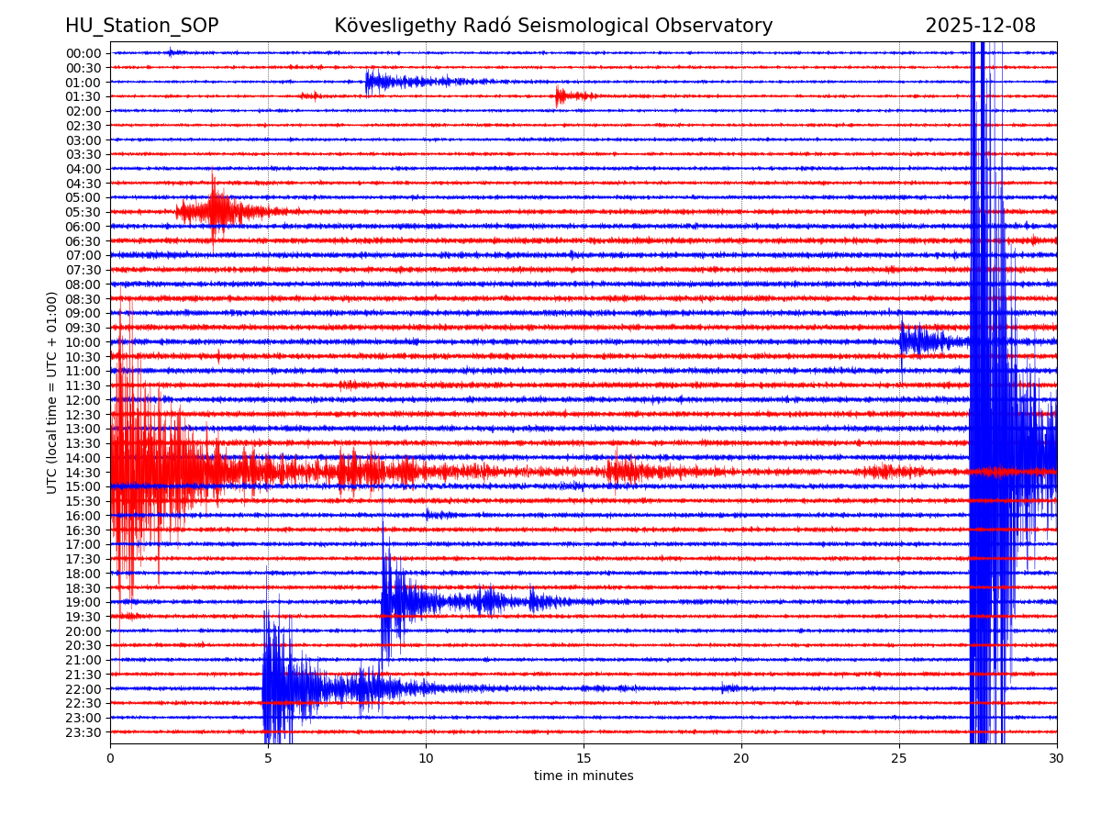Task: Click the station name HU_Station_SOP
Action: pyautogui.click(x=141, y=26)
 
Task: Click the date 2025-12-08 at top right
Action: pyautogui.click(x=980, y=26)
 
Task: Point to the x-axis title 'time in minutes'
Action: pyautogui.click(x=584, y=776)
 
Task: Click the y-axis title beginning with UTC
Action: pyautogui.click(x=52, y=392)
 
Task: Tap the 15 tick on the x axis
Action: pyautogui.click(x=584, y=759)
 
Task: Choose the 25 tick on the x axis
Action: pyautogui.click(x=899, y=759)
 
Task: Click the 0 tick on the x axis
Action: pyautogui.click(x=110, y=759)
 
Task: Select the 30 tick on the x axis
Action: pyautogui.click(x=1057, y=759)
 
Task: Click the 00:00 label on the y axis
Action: pyautogui.click(x=83, y=53)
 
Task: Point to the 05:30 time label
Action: pyautogui.click(x=83, y=212)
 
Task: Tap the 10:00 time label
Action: pyautogui.click(x=83, y=342)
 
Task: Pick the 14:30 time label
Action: pyautogui.click(x=83, y=473)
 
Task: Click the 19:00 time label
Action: pyautogui.click(x=83, y=602)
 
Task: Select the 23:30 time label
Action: pyautogui.click(x=83, y=732)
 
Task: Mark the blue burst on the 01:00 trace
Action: pyautogui.click(x=385, y=82)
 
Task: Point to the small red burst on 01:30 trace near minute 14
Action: pyautogui.click(x=567, y=95)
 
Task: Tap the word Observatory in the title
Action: pyautogui.click(x=720, y=26)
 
